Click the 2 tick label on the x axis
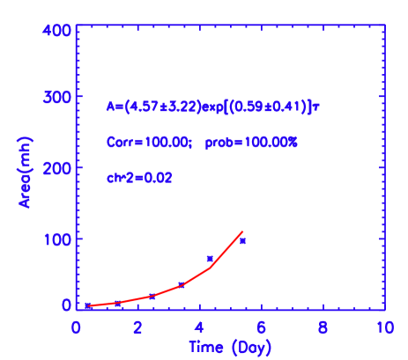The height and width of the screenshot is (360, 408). point(138,327)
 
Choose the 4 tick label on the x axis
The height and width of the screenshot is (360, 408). point(200,327)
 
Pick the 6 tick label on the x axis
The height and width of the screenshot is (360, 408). point(262,327)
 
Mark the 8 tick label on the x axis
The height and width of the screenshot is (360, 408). point(323,327)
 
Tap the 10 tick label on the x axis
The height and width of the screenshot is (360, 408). point(382,327)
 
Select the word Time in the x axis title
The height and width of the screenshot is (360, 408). point(204,347)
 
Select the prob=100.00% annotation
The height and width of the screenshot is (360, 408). point(252,142)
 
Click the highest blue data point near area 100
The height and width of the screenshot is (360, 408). point(242,240)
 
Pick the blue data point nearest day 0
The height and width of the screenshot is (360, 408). point(89,305)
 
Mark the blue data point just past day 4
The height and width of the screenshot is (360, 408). point(210,259)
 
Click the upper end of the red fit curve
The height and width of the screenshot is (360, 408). point(242,231)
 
